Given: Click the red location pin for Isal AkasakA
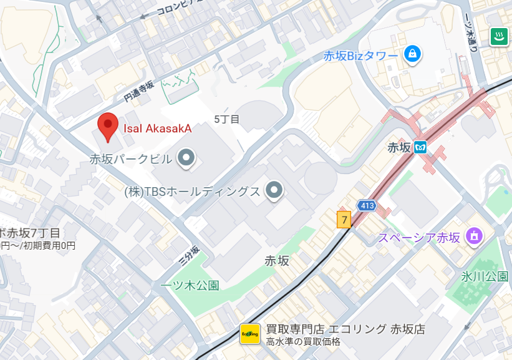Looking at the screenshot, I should point(109,127).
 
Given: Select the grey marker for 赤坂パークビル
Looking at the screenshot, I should point(186,158).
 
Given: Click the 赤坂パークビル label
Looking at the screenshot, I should point(130,159).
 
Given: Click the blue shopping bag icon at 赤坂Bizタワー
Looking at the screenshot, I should point(412,54).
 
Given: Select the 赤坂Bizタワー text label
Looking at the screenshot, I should point(360,56).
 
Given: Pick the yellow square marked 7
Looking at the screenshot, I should point(344,220).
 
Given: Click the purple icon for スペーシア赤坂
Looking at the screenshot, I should point(474,236).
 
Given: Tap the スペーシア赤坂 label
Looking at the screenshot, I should point(419,238).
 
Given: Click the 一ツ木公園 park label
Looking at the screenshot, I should point(190,285).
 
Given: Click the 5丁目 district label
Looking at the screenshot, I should point(226,119).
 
